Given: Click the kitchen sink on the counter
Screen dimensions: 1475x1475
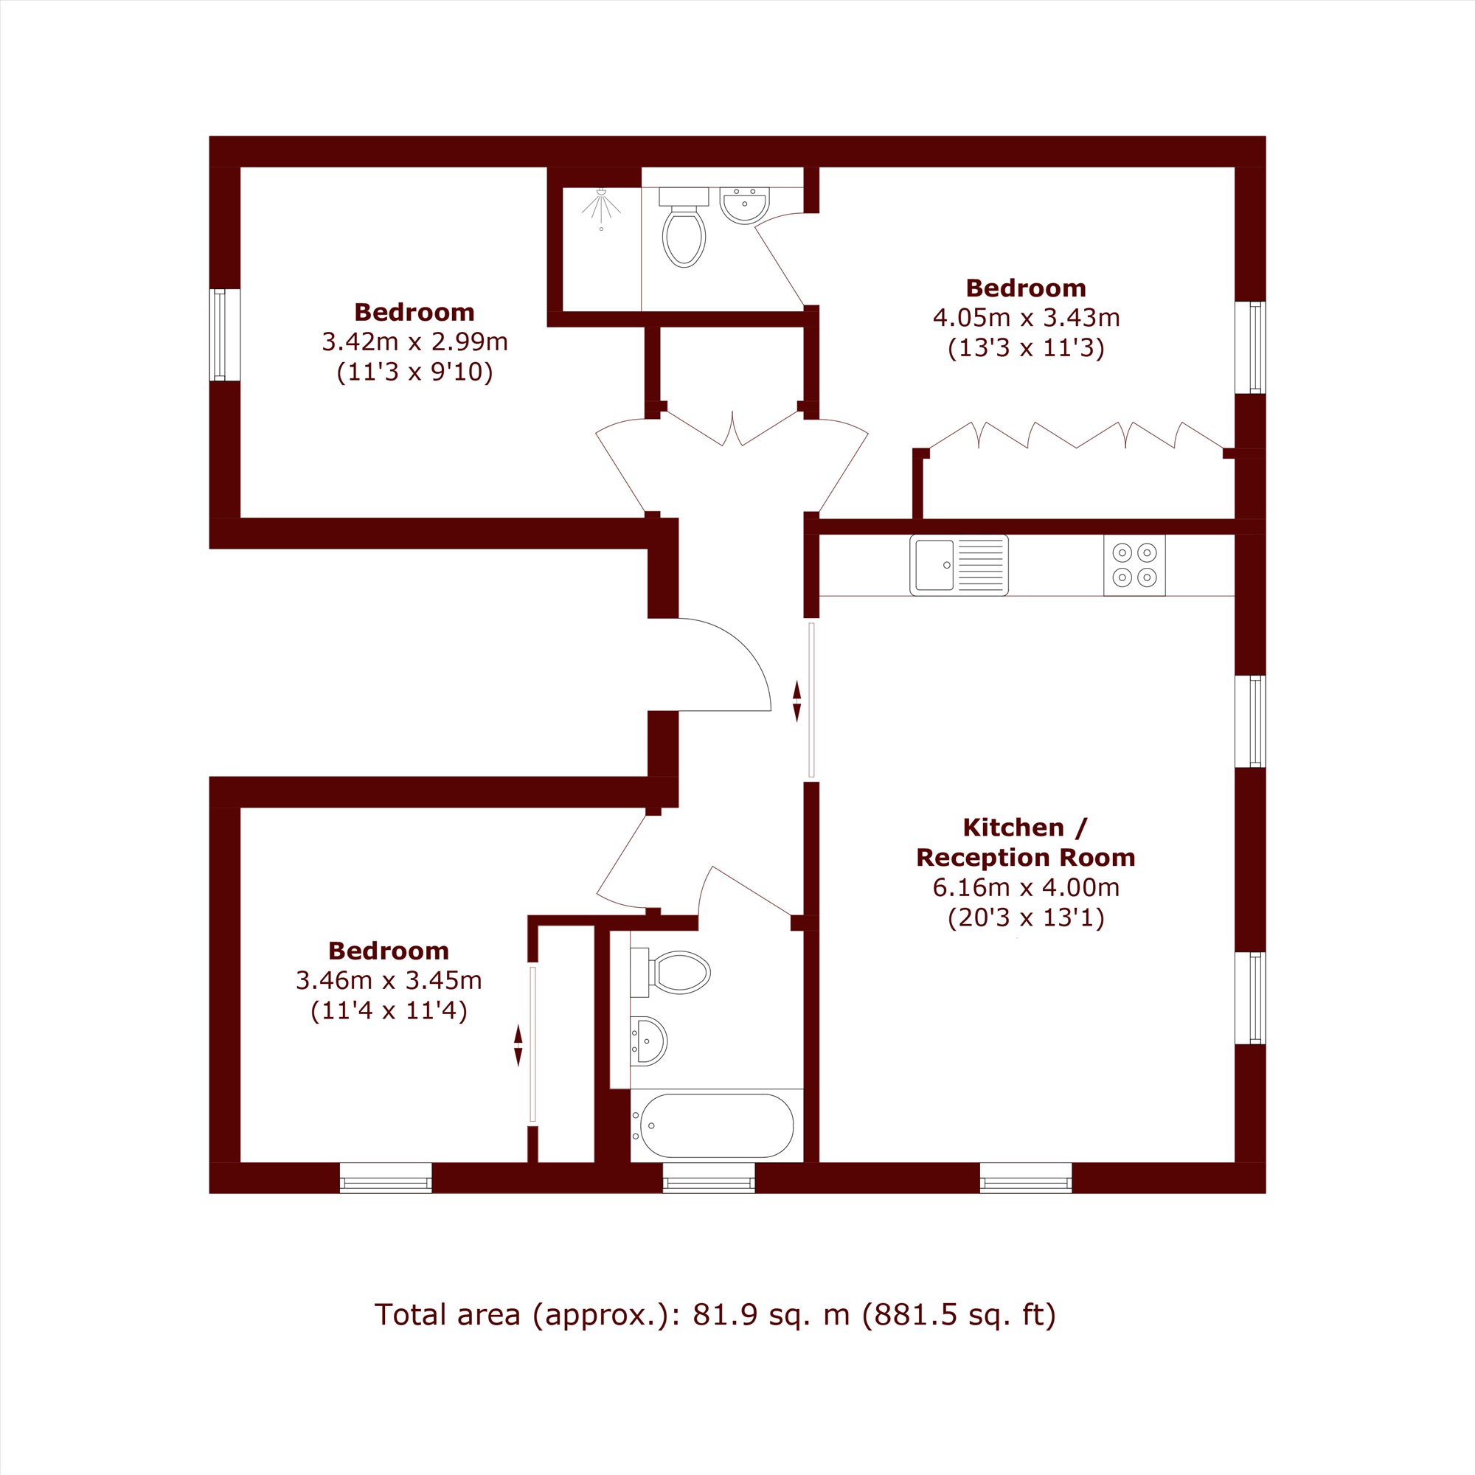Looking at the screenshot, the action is tap(958, 565).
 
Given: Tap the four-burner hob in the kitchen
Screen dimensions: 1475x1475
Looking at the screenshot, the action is tap(1134, 565).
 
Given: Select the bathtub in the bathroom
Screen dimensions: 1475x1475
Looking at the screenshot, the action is tap(716, 1125).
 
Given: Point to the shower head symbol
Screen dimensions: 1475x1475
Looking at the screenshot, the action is tap(602, 207).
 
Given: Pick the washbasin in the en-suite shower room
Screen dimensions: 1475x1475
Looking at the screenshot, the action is tap(744, 205).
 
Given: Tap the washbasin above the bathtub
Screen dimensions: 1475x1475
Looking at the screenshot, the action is tap(648, 1041).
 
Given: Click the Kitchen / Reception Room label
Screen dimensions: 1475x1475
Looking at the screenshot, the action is tap(1025, 842).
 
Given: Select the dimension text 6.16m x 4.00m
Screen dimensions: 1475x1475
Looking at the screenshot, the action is tap(1025, 887).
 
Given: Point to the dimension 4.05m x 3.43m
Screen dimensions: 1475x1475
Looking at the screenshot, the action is tap(1026, 316).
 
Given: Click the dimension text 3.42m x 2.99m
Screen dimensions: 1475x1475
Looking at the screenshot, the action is tap(414, 341).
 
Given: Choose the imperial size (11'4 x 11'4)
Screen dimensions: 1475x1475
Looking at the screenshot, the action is tap(389, 1011).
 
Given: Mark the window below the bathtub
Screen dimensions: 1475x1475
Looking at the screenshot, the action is tap(709, 1177).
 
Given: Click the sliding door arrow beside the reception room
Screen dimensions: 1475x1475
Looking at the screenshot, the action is tap(797, 701).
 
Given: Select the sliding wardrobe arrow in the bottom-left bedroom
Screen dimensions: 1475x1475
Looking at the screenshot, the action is tap(518, 1046).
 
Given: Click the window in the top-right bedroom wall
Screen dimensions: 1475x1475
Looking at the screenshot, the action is tap(1251, 347).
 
